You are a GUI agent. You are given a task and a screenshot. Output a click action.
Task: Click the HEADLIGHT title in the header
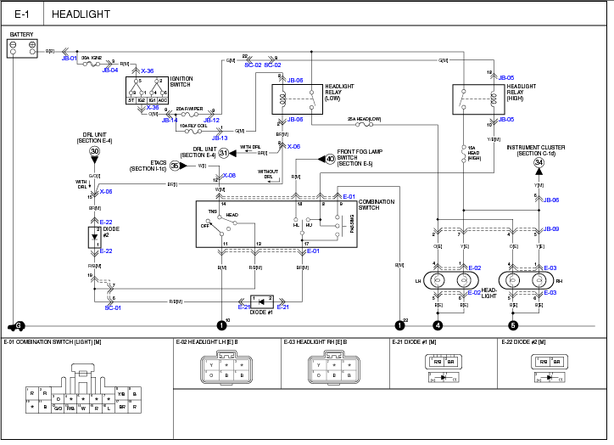pyautogui.click(x=81, y=14)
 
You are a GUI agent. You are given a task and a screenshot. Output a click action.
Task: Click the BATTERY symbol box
pyautogui.click(x=22, y=48)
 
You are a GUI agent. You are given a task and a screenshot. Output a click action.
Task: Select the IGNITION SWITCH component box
pyautogui.click(x=147, y=89)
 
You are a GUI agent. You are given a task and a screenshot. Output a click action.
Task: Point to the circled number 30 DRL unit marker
pyautogui.click(x=94, y=151)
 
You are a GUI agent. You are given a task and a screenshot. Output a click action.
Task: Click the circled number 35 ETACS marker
pyautogui.click(x=175, y=166)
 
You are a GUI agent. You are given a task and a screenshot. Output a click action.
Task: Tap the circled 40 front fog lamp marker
pyautogui.click(x=330, y=159)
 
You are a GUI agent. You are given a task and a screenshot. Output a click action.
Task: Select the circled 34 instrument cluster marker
pyautogui.click(x=538, y=163)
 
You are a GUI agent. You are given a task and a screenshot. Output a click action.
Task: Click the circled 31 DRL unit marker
pyautogui.click(x=224, y=153)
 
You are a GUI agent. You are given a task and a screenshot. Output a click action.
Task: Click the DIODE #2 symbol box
pyautogui.click(x=94, y=237)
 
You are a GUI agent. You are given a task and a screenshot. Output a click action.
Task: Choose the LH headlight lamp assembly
pyautogui.click(x=450, y=280)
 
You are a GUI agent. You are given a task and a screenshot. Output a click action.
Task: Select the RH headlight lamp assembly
pyautogui.click(x=525, y=280)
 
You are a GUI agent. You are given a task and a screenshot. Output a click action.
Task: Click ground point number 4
pyautogui.click(x=438, y=324)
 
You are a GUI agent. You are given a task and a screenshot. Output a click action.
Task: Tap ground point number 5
pyautogui.click(x=512, y=324)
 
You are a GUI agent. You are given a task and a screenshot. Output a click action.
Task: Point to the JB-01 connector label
pyautogui.click(x=69, y=59)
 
